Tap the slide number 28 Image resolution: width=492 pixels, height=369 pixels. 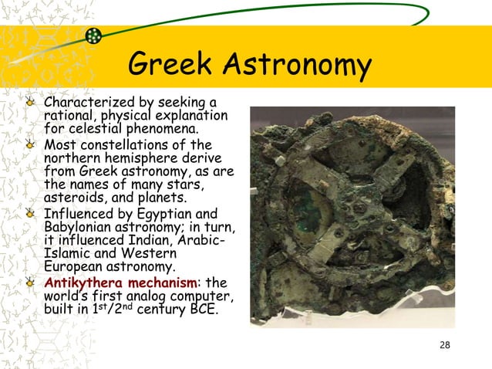[x=444, y=344]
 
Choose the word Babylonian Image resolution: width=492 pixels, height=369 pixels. [x=76, y=227]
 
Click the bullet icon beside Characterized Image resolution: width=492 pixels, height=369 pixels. [x=31, y=103]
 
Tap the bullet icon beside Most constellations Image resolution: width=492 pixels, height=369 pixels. [x=31, y=145]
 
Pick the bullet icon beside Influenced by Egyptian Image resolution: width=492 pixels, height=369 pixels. [x=31, y=214]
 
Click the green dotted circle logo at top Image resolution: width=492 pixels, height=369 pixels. [x=93, y=36]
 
